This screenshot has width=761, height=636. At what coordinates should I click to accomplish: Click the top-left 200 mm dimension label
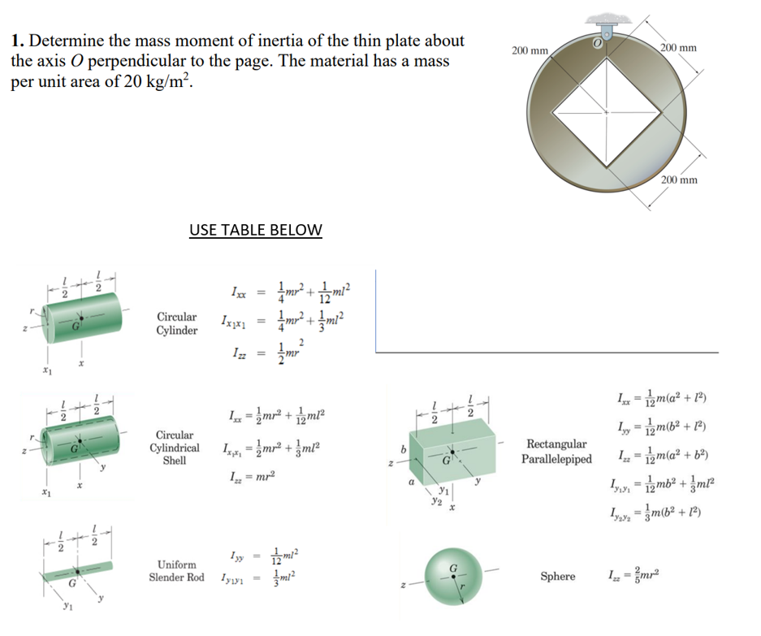pos(530,50)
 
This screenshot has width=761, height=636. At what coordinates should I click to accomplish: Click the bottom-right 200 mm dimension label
pos(680,180)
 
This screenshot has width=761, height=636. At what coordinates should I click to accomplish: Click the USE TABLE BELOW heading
pos(255,230)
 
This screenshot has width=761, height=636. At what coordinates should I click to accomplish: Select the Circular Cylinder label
pos(176,323)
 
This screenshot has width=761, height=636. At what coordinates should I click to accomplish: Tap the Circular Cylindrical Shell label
pos(174,448)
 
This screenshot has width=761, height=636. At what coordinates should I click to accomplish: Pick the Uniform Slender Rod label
pos(176,570)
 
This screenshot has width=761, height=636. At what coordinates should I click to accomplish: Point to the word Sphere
pos(557,577)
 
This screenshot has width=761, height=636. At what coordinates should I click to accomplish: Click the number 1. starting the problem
pos(18,41)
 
